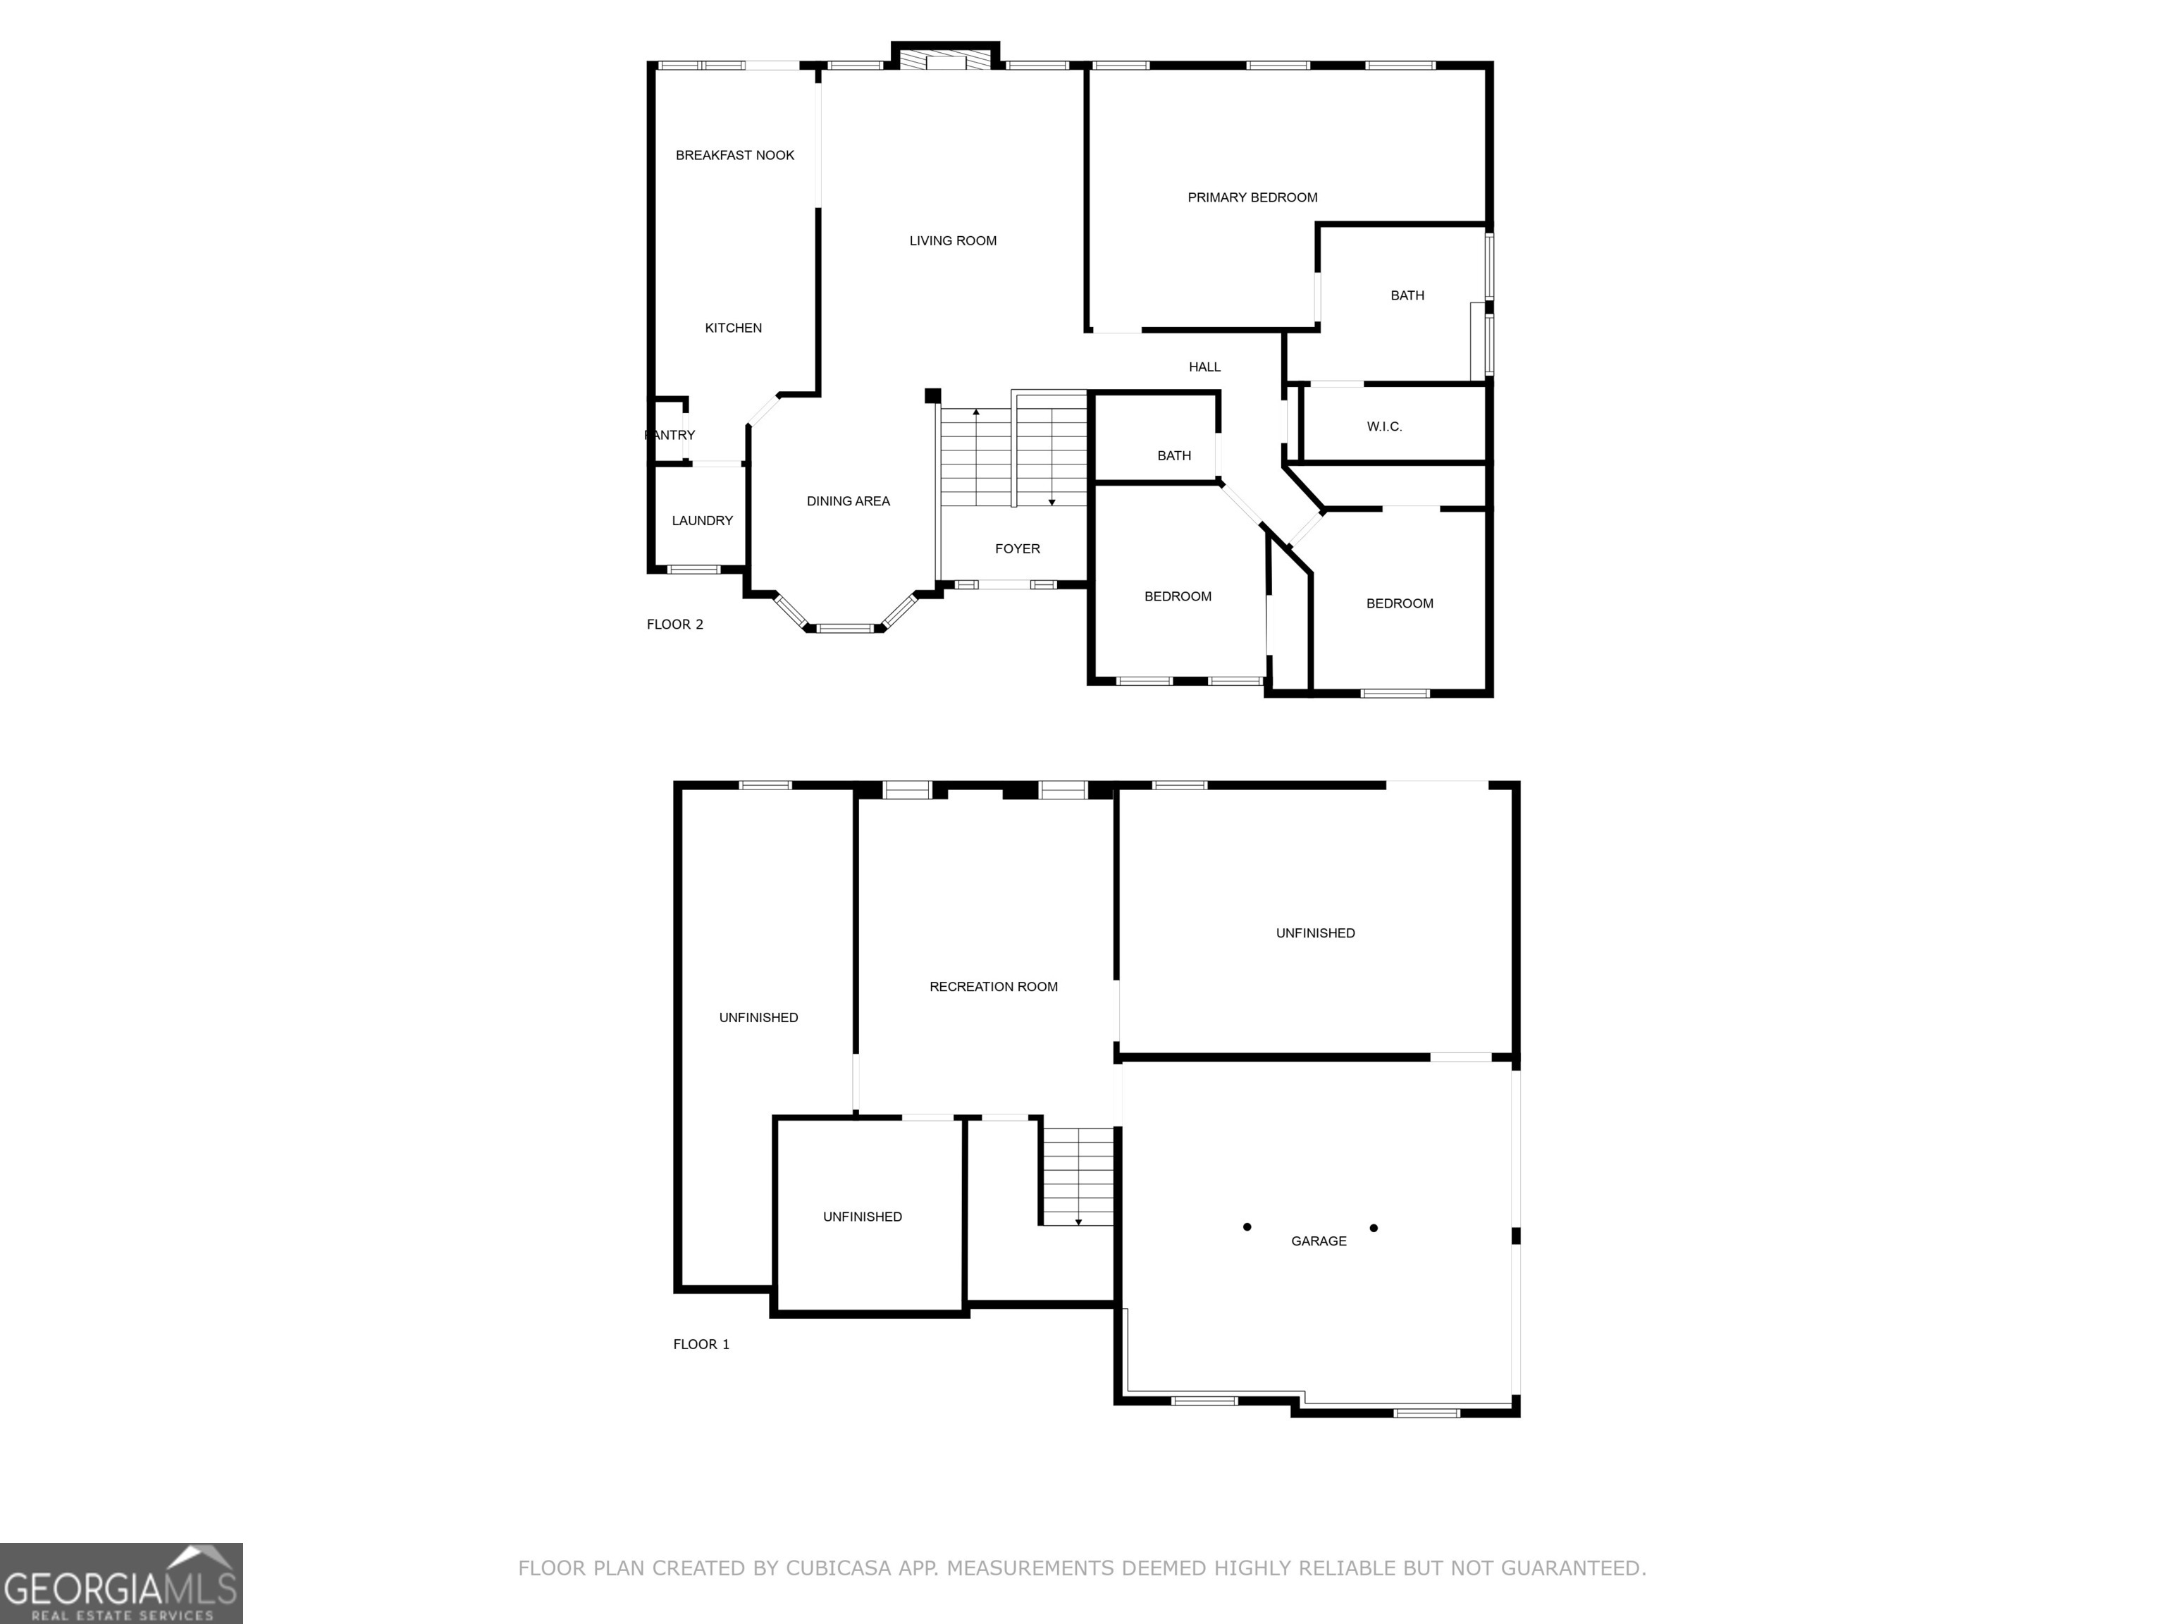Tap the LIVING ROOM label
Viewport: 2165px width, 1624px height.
[x=952, y=241]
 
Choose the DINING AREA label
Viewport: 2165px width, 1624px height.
[x=848, y=501]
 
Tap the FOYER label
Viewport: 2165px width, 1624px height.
[x=1017, y=549]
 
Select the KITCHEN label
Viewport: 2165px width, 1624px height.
[x=733, y=328]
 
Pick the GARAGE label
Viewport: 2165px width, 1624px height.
[x=1319, y=1241]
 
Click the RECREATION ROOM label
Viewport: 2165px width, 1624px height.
[x=994, y=987]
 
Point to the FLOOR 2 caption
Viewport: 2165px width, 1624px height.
[x=674, y=625]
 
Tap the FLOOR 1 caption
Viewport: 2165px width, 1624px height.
[x=701, y=1345]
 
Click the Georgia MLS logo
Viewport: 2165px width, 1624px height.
[x=121, y=1583]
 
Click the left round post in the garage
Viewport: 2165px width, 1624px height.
[x=1247, y=1226]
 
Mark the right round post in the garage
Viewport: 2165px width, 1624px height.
[x=1373, y=1228]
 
